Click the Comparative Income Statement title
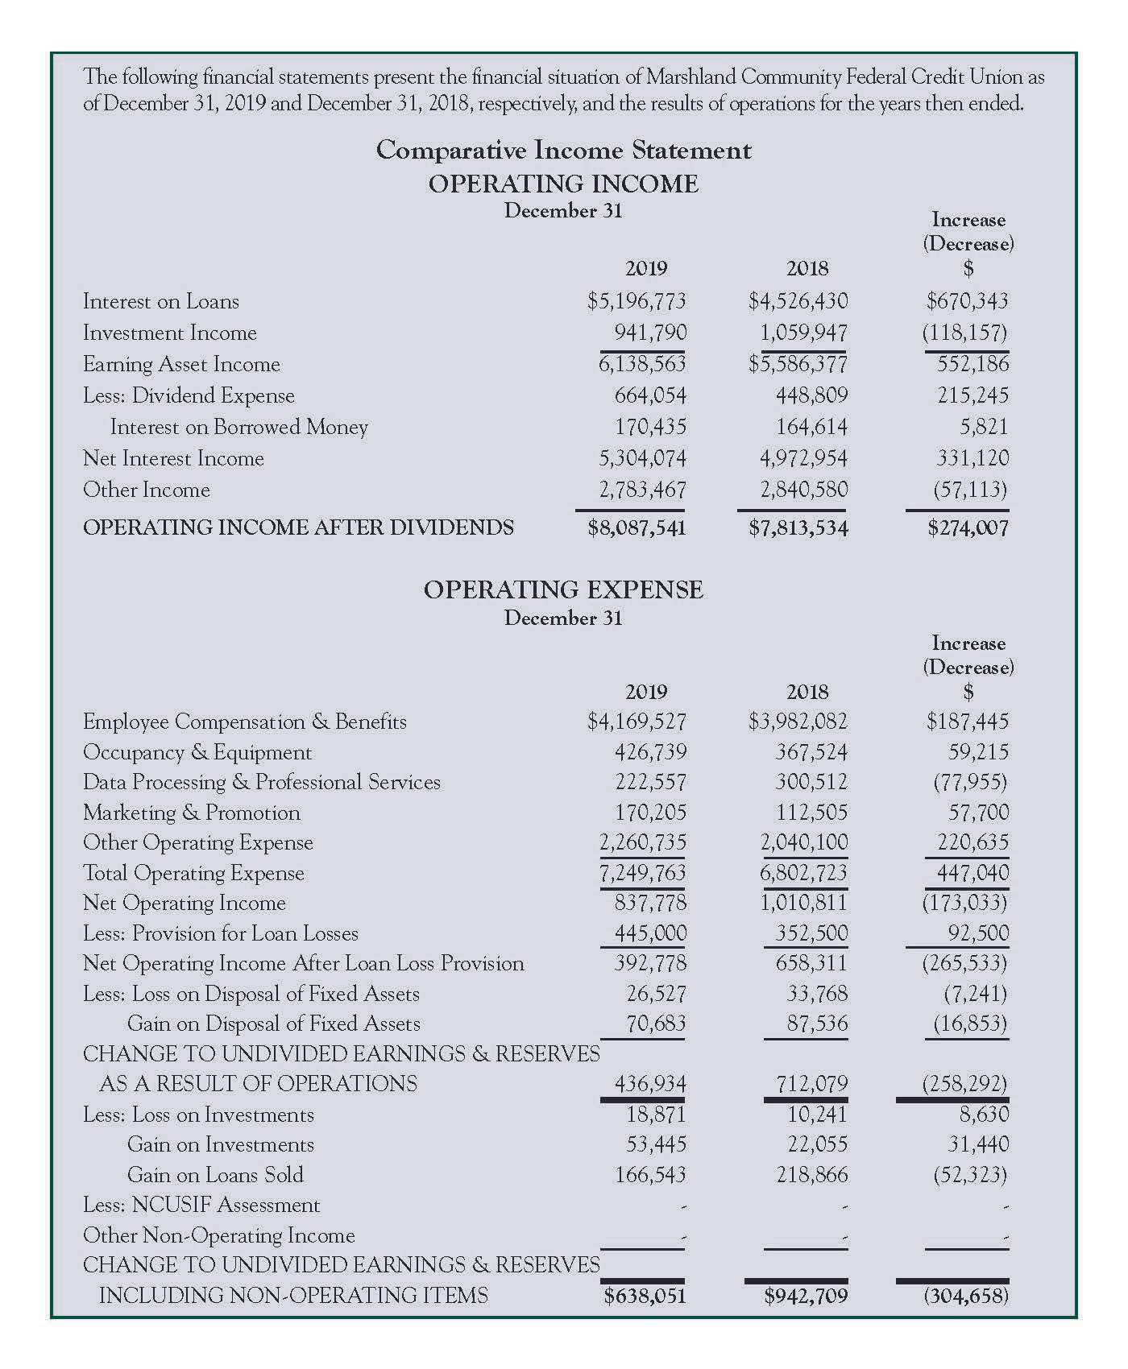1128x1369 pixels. tap(563, 151)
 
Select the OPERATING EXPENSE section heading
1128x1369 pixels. tap(563, 589)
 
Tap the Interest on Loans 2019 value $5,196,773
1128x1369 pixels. tap(637, 301)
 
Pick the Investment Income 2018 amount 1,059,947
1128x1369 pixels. tap(803, 333)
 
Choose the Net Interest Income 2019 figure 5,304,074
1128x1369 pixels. tap(641, 458)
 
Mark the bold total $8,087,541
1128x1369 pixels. tap(637, 527)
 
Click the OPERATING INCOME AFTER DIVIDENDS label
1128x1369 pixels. tap(298, 527)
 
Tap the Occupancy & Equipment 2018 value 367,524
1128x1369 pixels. tap(811, 752)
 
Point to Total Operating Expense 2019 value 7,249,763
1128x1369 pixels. tap(642, 873)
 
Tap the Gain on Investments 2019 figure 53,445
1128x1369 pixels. tap(656, 1144)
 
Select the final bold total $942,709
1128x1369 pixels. tap(806, 1295)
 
